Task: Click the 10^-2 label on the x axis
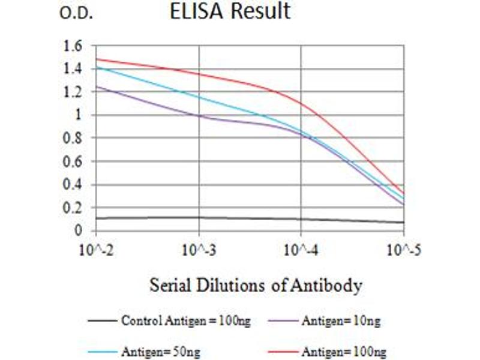(x=95, y=248)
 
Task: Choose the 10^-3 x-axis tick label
(x=199, y=248)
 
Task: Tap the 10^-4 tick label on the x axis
(x=301, y=248)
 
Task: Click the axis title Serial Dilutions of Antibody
(x=255, y=286)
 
